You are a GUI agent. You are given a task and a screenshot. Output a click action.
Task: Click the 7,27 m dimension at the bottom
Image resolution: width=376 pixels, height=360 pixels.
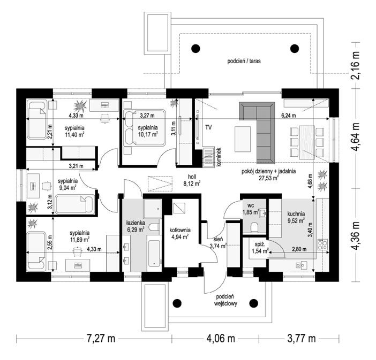[101, 339]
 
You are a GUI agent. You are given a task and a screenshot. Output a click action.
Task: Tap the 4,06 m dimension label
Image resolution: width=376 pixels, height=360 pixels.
[221, 339]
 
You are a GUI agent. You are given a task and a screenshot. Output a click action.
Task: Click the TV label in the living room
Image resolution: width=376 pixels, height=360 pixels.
[208, 127]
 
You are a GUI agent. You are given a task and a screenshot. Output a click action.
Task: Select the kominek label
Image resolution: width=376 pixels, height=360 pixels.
[218, 157]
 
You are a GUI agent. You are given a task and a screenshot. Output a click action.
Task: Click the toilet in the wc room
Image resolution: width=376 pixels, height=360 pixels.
[254, 227]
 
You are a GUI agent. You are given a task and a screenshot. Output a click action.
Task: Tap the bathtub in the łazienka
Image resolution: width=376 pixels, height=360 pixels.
[154, 254]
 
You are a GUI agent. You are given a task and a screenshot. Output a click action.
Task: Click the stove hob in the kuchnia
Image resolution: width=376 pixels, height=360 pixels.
[322, 244]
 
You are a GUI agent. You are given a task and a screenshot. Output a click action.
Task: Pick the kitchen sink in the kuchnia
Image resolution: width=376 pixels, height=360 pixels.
[301, 265]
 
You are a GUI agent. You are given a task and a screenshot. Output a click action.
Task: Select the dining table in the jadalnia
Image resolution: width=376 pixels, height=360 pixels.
[307, 142]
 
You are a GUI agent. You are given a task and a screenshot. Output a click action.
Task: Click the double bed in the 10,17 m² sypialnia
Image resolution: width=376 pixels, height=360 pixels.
[145, 128]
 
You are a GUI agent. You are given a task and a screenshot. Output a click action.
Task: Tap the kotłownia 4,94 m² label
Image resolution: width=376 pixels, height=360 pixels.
[180, 234]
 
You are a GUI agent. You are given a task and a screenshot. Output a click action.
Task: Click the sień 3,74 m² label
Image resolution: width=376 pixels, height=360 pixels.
[218, 242]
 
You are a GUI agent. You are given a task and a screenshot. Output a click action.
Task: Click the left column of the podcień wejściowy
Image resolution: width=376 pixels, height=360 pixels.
[177, 303]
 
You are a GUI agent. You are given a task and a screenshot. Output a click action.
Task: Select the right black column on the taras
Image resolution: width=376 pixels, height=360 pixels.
[295, 49]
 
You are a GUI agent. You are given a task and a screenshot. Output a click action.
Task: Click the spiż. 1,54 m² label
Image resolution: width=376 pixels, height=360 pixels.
[260, 248]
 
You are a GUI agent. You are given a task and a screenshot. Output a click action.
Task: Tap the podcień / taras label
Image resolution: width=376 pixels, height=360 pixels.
[244, 61]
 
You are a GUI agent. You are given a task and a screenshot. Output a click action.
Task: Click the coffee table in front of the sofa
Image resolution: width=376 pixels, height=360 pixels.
[243, 139]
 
